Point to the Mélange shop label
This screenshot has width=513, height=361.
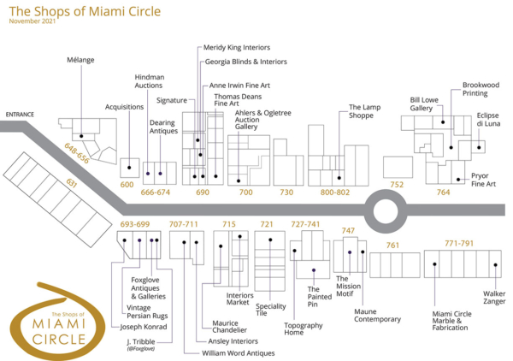(80, 60)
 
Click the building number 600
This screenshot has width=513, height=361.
(127, 184)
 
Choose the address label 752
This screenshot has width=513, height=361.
(397, 184)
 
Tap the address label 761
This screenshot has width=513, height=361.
(392, 246)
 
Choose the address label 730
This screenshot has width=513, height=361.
(286, 192)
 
